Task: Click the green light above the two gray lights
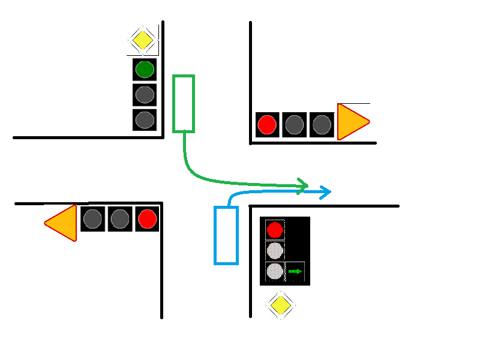pyautogui.click(x=145, y=70)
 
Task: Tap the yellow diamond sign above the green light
pyautogui.click(x=143, y=41)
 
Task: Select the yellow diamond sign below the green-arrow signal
pyautogui.click(x=280, y=306)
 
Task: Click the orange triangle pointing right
pyautogui.click(x=352, y=122)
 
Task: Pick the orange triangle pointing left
pyautogui.click(x=62, y=223)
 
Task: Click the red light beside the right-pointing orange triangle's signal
pyautogui.click(x=267, y=125)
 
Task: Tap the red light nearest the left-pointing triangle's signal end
pyautogui.click(x=147, y=219)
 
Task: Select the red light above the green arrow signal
pyautogui.click(x=275, y=230)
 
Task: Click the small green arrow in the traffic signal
pyautogui.click(x=295, y=271)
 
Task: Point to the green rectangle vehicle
pyautogui.click(x=184, y=103)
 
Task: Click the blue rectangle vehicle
pyautogui.click(x=226, y=235)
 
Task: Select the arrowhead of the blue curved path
pyautogui.click(x=325, y=192)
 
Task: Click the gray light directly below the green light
pyautogui.click(x=145, y=95)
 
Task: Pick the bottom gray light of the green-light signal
pyautogui.click(x=145, y=119)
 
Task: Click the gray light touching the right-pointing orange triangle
pyautogui.click(x=322, y=125)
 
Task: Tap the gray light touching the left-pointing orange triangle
pyautogui.click(x=92, y=219)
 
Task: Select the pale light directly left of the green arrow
pyautogui.click(x=275, y=271)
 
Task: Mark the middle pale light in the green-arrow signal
pyautogui.click(x=275, y=250)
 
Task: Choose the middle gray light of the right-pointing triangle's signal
pyautogui.click(x=295, y=125)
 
